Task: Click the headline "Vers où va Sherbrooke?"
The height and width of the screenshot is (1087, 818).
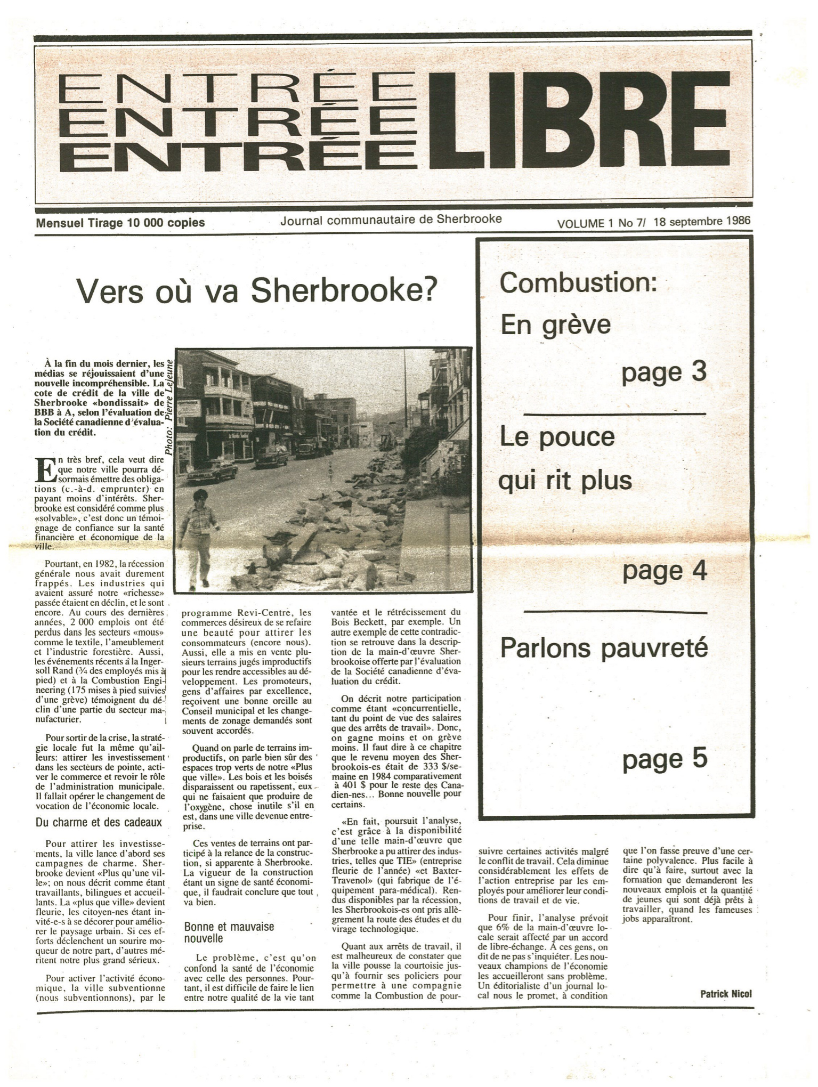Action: pos(257,291)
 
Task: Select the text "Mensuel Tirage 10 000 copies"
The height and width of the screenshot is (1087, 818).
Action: pos(120,223)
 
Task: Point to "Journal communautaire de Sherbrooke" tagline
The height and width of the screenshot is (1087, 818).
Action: pos(391,219)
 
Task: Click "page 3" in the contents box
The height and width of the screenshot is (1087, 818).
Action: pos(663,372)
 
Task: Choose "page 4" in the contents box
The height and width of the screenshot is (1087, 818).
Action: pos(665,571)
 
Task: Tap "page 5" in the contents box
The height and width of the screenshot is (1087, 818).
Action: pos(665,759)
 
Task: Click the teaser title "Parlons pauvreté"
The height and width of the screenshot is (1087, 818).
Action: pos(604,648)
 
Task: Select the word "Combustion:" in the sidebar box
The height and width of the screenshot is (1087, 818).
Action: pos(578,283)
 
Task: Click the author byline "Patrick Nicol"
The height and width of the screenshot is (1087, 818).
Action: pos(725,993)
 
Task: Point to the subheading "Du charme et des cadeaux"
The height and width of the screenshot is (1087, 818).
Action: pos(99,822)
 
